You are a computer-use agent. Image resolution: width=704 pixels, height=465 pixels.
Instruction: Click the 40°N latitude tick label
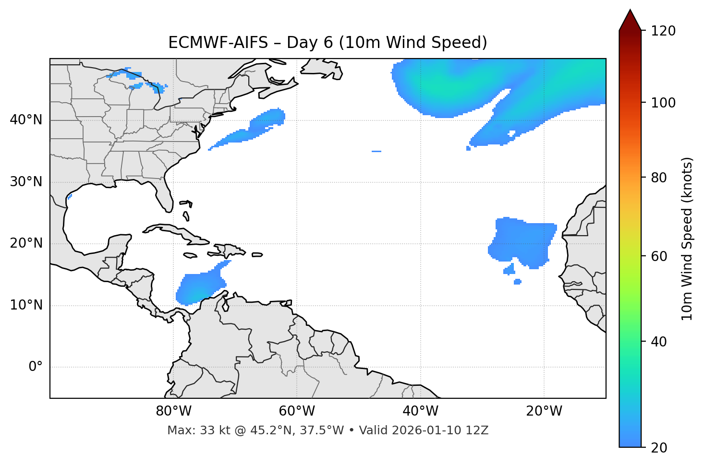tap(26, 119)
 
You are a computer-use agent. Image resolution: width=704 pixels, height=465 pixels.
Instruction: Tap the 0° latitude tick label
tap(35, 367)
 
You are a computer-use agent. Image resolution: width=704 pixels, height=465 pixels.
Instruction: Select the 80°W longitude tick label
tap(173, 411)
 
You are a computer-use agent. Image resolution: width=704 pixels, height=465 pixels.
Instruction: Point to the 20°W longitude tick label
tap(544, 411)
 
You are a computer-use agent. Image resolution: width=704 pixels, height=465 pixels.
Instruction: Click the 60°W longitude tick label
tap(297, 411)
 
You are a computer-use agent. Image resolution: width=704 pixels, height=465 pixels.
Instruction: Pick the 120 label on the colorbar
tap(663, 31)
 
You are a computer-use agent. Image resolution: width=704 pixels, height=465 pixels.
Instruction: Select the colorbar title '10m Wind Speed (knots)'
tap(687, 238)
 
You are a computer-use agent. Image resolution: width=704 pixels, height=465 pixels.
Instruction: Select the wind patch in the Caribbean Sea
tap(199, 287)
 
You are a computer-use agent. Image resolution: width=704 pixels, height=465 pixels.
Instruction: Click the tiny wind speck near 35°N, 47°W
tap(376, 151)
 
